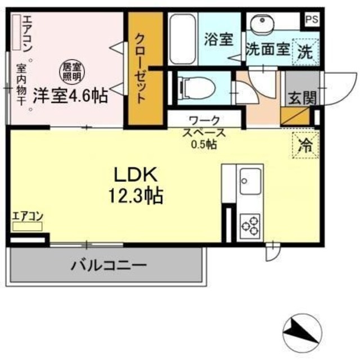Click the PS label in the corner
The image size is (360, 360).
(x=310, y=18)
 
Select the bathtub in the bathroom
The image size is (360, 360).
(x=183, y=38)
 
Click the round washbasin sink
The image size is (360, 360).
(x=262, y=25)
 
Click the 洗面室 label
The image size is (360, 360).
(x=268, y=49)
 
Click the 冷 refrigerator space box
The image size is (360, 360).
(x=305, y=144)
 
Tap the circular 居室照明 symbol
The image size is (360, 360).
(x=71, y=71)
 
